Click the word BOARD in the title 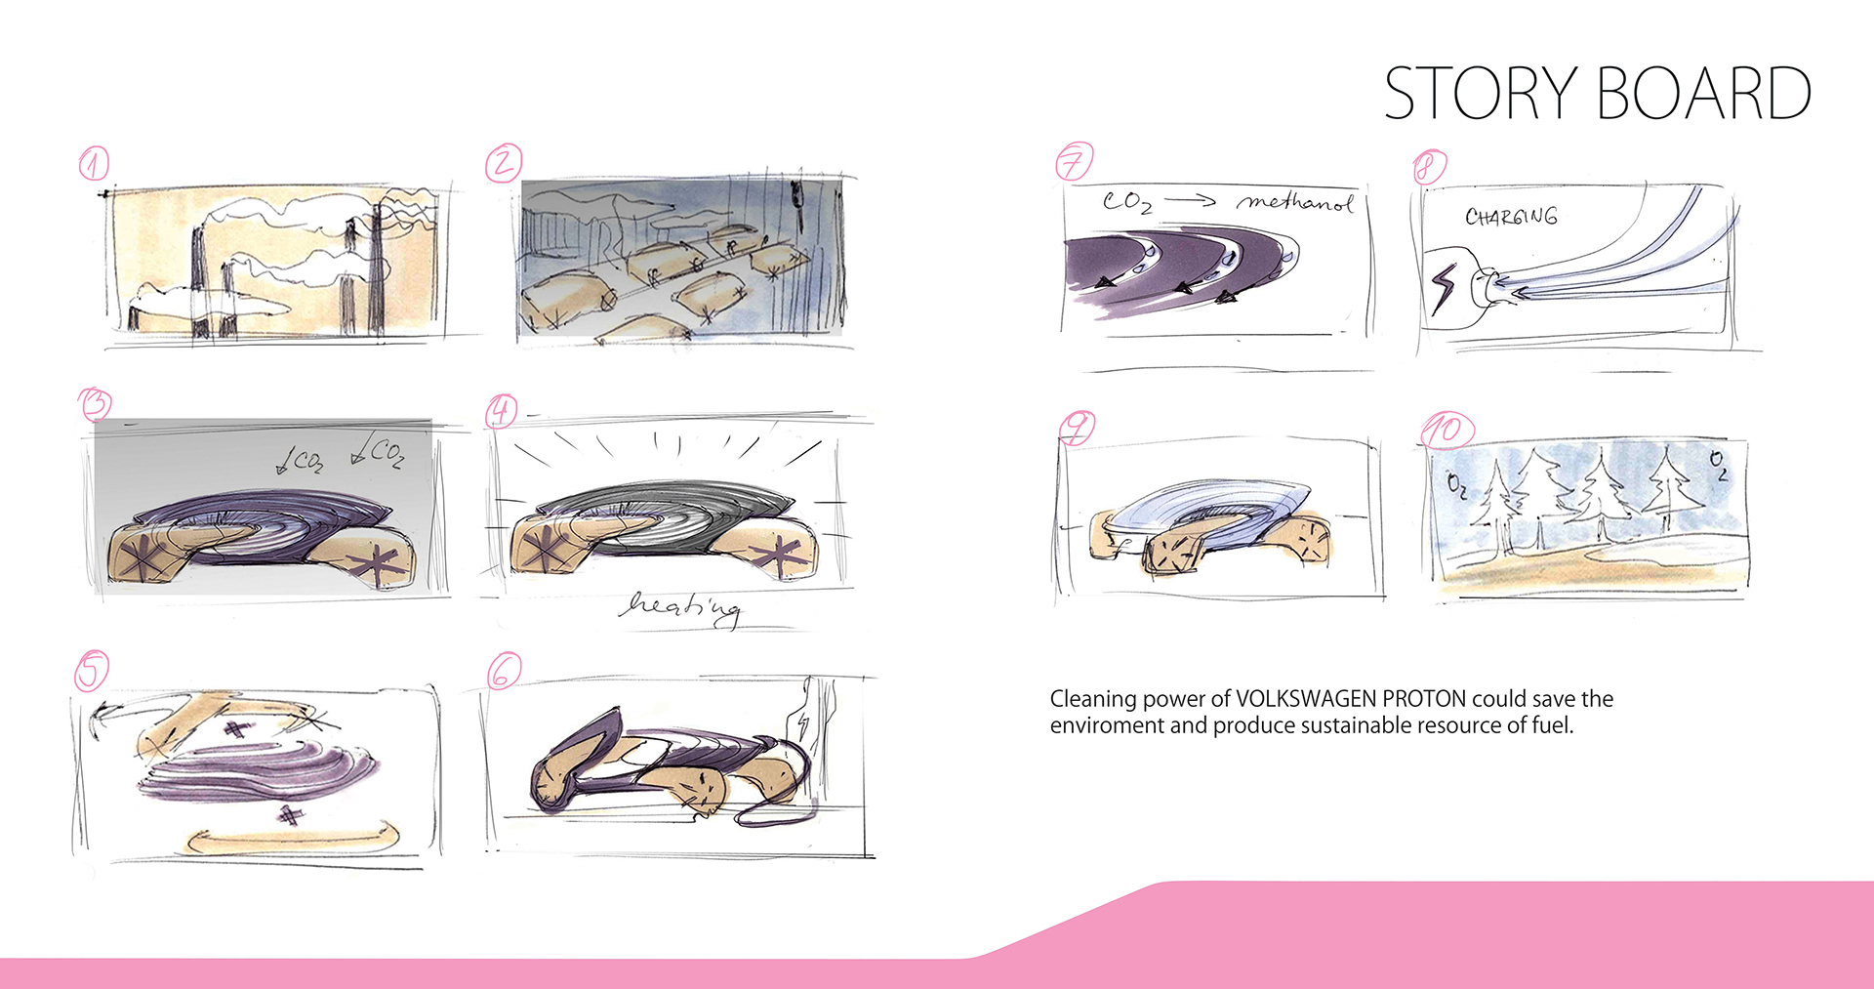point(1704,94)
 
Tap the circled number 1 point(94,163)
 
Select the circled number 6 point(504,671)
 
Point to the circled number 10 point(1446,430)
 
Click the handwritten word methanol point(1295,203)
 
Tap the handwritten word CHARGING point(1511,217)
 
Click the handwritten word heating point(680,608)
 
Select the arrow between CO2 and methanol point(1190,201)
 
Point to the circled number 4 point(501,411)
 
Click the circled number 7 point(1074,161)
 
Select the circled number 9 point(1077,427)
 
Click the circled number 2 point(504,162)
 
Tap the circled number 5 point(92,671)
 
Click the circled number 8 point(1429,167)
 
